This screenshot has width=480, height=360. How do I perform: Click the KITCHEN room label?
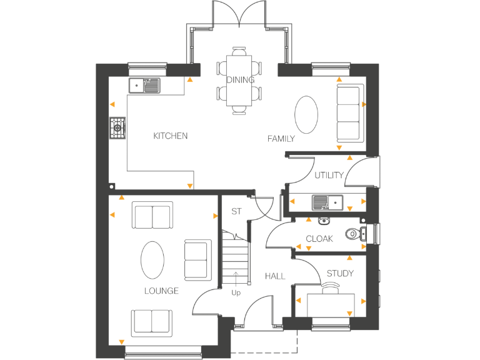pos(170,136)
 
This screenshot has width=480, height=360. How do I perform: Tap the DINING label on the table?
pos(240,79)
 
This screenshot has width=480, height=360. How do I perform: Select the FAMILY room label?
pos(281,138)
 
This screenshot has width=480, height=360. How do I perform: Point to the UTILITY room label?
pos(329,175)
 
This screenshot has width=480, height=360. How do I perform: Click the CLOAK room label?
pos(319,239)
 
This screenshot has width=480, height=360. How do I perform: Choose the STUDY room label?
pos(339,273)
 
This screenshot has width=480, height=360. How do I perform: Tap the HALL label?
pos(274,276)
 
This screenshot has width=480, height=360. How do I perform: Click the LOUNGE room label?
pos(161,291)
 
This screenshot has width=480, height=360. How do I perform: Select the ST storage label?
pos(236,211)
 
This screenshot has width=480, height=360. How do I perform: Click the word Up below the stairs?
pos(236,292)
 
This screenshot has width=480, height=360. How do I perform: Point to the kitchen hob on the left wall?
pos(117,129)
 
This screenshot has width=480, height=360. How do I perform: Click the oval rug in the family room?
pos(306,114)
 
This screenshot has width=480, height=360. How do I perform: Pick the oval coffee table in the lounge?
pos(153,260)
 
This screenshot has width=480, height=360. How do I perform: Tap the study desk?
pos(331,304)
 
